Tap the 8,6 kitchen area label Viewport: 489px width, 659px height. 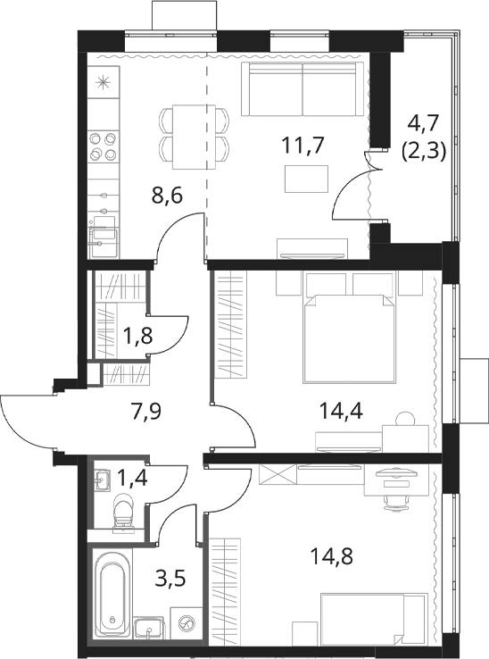pos(167,196)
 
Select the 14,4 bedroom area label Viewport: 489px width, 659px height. pos(341,411)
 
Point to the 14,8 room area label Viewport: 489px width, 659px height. pos(331,556)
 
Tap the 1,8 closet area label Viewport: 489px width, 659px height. pos(137,337)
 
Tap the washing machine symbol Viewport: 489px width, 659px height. pos(186,623)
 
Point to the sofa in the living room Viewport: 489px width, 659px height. pos(303,89)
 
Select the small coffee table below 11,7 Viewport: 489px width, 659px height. pos(306,179)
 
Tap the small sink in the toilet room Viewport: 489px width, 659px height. pos(102,480)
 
